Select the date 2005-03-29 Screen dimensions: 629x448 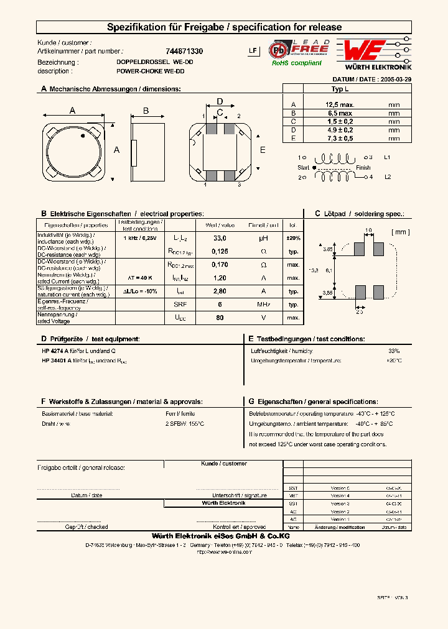point(395,80)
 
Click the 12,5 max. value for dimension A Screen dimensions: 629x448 point(340,105)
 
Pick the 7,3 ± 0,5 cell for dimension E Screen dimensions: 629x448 point(340,138)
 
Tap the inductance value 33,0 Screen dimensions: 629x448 point(220,238)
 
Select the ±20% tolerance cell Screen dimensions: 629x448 point(293,238)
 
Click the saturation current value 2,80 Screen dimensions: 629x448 point(220,291)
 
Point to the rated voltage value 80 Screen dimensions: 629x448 point(220,318)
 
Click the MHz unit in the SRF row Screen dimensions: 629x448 point(263,304)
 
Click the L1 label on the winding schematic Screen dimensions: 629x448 point(386,158)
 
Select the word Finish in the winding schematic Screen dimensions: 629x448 point(363,168)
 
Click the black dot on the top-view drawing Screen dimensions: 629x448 point(82,135)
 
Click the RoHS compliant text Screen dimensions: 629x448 point(297,63)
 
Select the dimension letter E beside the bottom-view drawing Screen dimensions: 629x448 point(263,150)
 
